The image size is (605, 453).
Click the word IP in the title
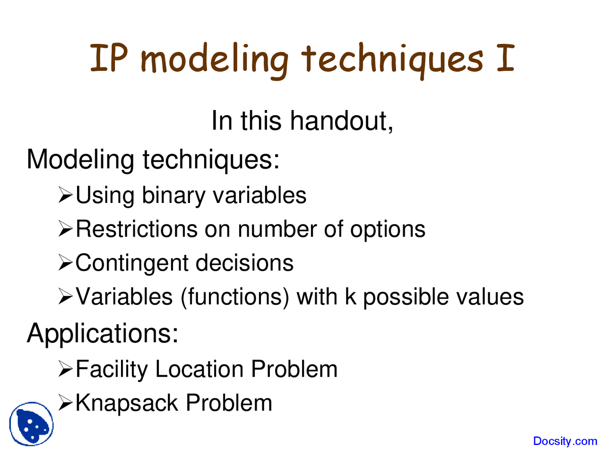[x=108, y=59]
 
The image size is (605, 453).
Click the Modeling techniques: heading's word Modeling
[x=80, y=160]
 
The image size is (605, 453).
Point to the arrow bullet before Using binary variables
[x=66, y=195]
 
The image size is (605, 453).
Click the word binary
[x=173, y=195]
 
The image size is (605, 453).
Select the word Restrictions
[x=137, y=229]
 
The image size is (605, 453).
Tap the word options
[x=387, y=230]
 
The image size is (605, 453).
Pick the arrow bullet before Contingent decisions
[x=66, y=263]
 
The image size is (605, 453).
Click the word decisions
[x=244, y=263]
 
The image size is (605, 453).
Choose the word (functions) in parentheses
[x=235, y=297]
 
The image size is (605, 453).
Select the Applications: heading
[x=102, y=333]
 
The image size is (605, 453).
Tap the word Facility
[x=112, y=369]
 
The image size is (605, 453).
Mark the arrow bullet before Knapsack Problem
[x=66, y=403]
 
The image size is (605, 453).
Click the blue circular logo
[x=31, y=424]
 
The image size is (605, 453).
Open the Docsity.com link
[x=565, y=441]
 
